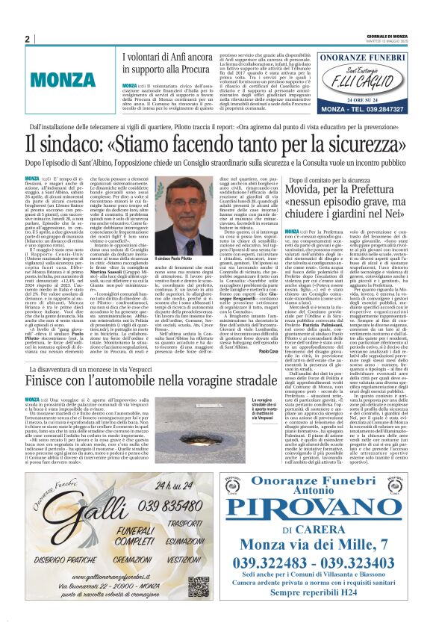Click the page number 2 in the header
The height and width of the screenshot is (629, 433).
point(27,39)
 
